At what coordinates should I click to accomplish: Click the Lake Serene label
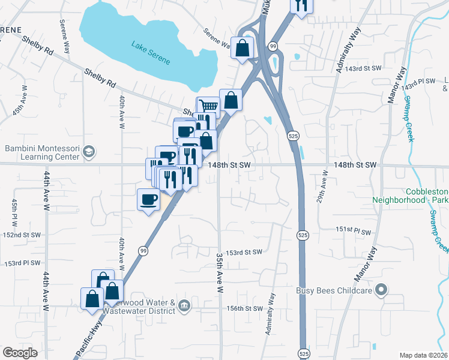coord(152,53)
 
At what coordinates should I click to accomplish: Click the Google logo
coord(20,353)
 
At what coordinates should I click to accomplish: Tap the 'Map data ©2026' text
coord(423,355)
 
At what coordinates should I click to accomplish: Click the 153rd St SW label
coord(245,252)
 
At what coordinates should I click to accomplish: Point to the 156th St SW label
coord(245,308)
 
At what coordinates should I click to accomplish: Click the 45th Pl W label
coord(14,209)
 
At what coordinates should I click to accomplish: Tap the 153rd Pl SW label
coord(23,263)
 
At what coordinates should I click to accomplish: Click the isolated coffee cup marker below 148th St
coord(148,200)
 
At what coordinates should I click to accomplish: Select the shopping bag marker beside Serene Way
coord(241,50)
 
